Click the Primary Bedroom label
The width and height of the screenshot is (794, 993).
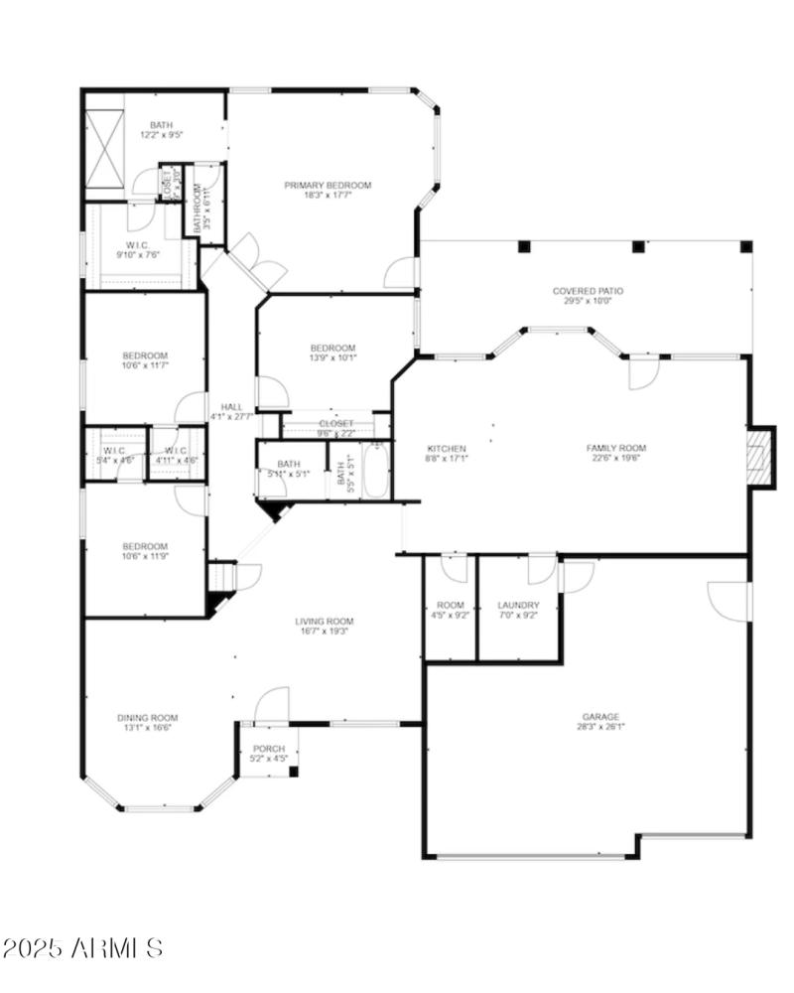328,185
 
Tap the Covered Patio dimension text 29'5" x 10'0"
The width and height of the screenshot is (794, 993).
588,301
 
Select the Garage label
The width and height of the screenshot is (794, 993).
601,716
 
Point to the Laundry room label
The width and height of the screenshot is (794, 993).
518,605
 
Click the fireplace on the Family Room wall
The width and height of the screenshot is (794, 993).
759,457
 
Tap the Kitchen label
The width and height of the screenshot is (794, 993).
447,448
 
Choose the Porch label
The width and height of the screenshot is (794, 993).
269,749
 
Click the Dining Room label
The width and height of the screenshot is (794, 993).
147,718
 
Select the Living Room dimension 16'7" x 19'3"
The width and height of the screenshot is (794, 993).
324,632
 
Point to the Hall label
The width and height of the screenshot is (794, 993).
231,406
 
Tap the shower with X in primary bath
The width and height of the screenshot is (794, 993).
103,148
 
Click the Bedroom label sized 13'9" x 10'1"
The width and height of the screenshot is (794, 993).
332,348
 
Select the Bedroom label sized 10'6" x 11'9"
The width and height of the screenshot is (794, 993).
145,546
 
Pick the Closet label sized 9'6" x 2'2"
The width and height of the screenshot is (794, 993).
335,424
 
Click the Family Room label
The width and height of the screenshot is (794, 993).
615,448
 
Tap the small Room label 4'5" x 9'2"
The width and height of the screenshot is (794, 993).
451,605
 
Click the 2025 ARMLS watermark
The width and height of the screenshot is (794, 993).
83,947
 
